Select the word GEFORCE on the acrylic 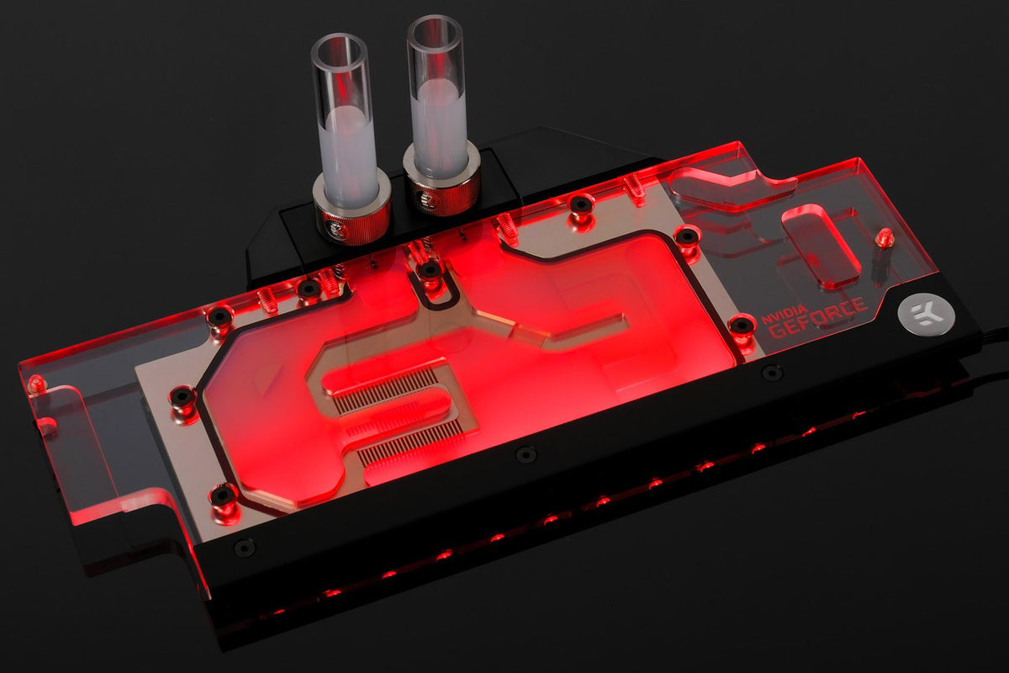pyautogui.click(x=817, y=320)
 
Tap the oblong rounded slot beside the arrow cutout pyautogui.click(x=820, y=245)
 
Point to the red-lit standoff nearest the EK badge pyautogui.click(x=883, y=238)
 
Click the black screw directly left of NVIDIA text pyautogui.click(x=742, y=325)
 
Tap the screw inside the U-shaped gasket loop pyautogui.click(x=430, y=270)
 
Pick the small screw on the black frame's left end pyautogui.click(x=244, y=548)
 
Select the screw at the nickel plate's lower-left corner pyautogui.click(x=223, y=495)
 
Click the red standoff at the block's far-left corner pyautogui.click(x=36, y=384)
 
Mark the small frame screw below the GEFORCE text pyautogui.click(x=771, y=371)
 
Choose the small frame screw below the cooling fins pyautogui.click(x=526, y=454)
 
